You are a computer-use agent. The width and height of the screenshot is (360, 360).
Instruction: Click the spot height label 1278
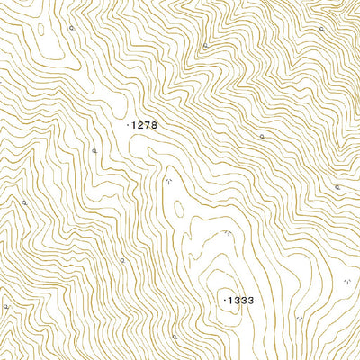144,125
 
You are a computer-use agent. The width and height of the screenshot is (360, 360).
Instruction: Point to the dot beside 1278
129,125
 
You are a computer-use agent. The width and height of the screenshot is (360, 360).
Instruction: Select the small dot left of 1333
224,298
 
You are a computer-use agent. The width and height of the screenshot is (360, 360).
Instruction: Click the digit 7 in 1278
148,125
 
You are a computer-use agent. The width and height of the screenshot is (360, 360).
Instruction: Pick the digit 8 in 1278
154,125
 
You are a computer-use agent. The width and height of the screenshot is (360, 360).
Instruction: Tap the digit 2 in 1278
141,125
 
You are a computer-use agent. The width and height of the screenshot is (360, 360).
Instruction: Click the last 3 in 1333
251,298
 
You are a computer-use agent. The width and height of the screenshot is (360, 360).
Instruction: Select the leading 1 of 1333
229,298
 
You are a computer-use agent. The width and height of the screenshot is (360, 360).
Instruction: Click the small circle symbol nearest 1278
94,151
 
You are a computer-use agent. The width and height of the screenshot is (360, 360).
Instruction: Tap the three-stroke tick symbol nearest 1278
167,182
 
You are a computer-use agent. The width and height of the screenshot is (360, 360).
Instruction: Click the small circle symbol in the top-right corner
321,29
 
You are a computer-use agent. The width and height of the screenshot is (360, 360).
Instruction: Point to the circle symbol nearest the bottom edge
175,337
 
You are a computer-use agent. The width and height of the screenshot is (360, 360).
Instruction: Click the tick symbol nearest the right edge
346,282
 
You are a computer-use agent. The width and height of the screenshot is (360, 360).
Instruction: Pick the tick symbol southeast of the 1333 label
300,319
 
